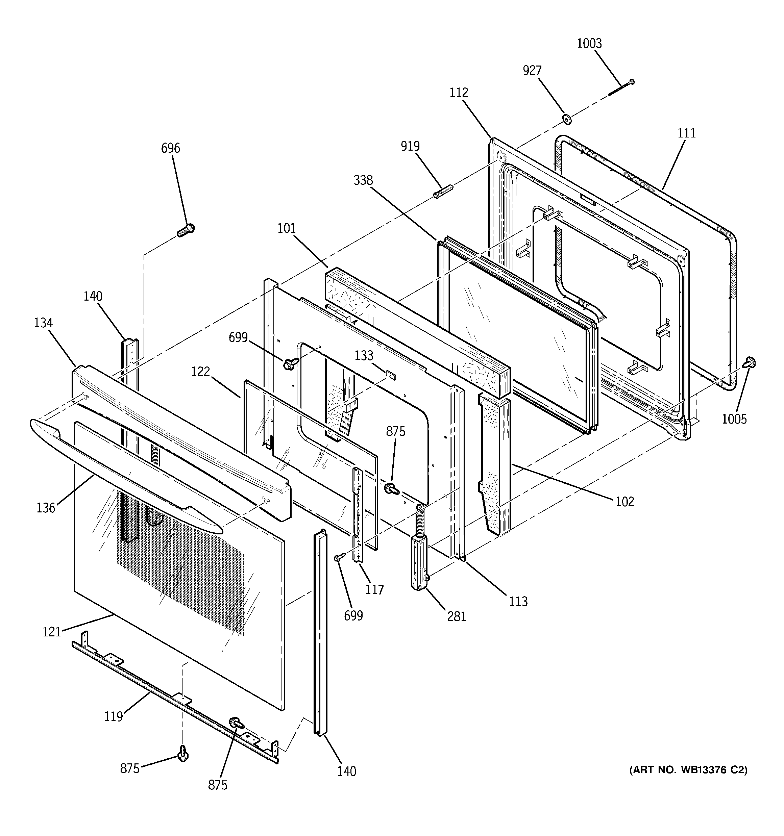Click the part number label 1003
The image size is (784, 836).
(x=589, y=43)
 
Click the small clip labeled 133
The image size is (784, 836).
(x=391, y=374)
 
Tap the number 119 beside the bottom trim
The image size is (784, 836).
(x=113, y=716)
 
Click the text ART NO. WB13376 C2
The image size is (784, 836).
(x=688, y=769)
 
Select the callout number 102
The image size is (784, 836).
(x=624, y=501)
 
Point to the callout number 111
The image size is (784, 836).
(x=686, y=133)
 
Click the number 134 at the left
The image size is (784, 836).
(x=43, y=323)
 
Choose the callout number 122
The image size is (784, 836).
(x=200, y=372)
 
